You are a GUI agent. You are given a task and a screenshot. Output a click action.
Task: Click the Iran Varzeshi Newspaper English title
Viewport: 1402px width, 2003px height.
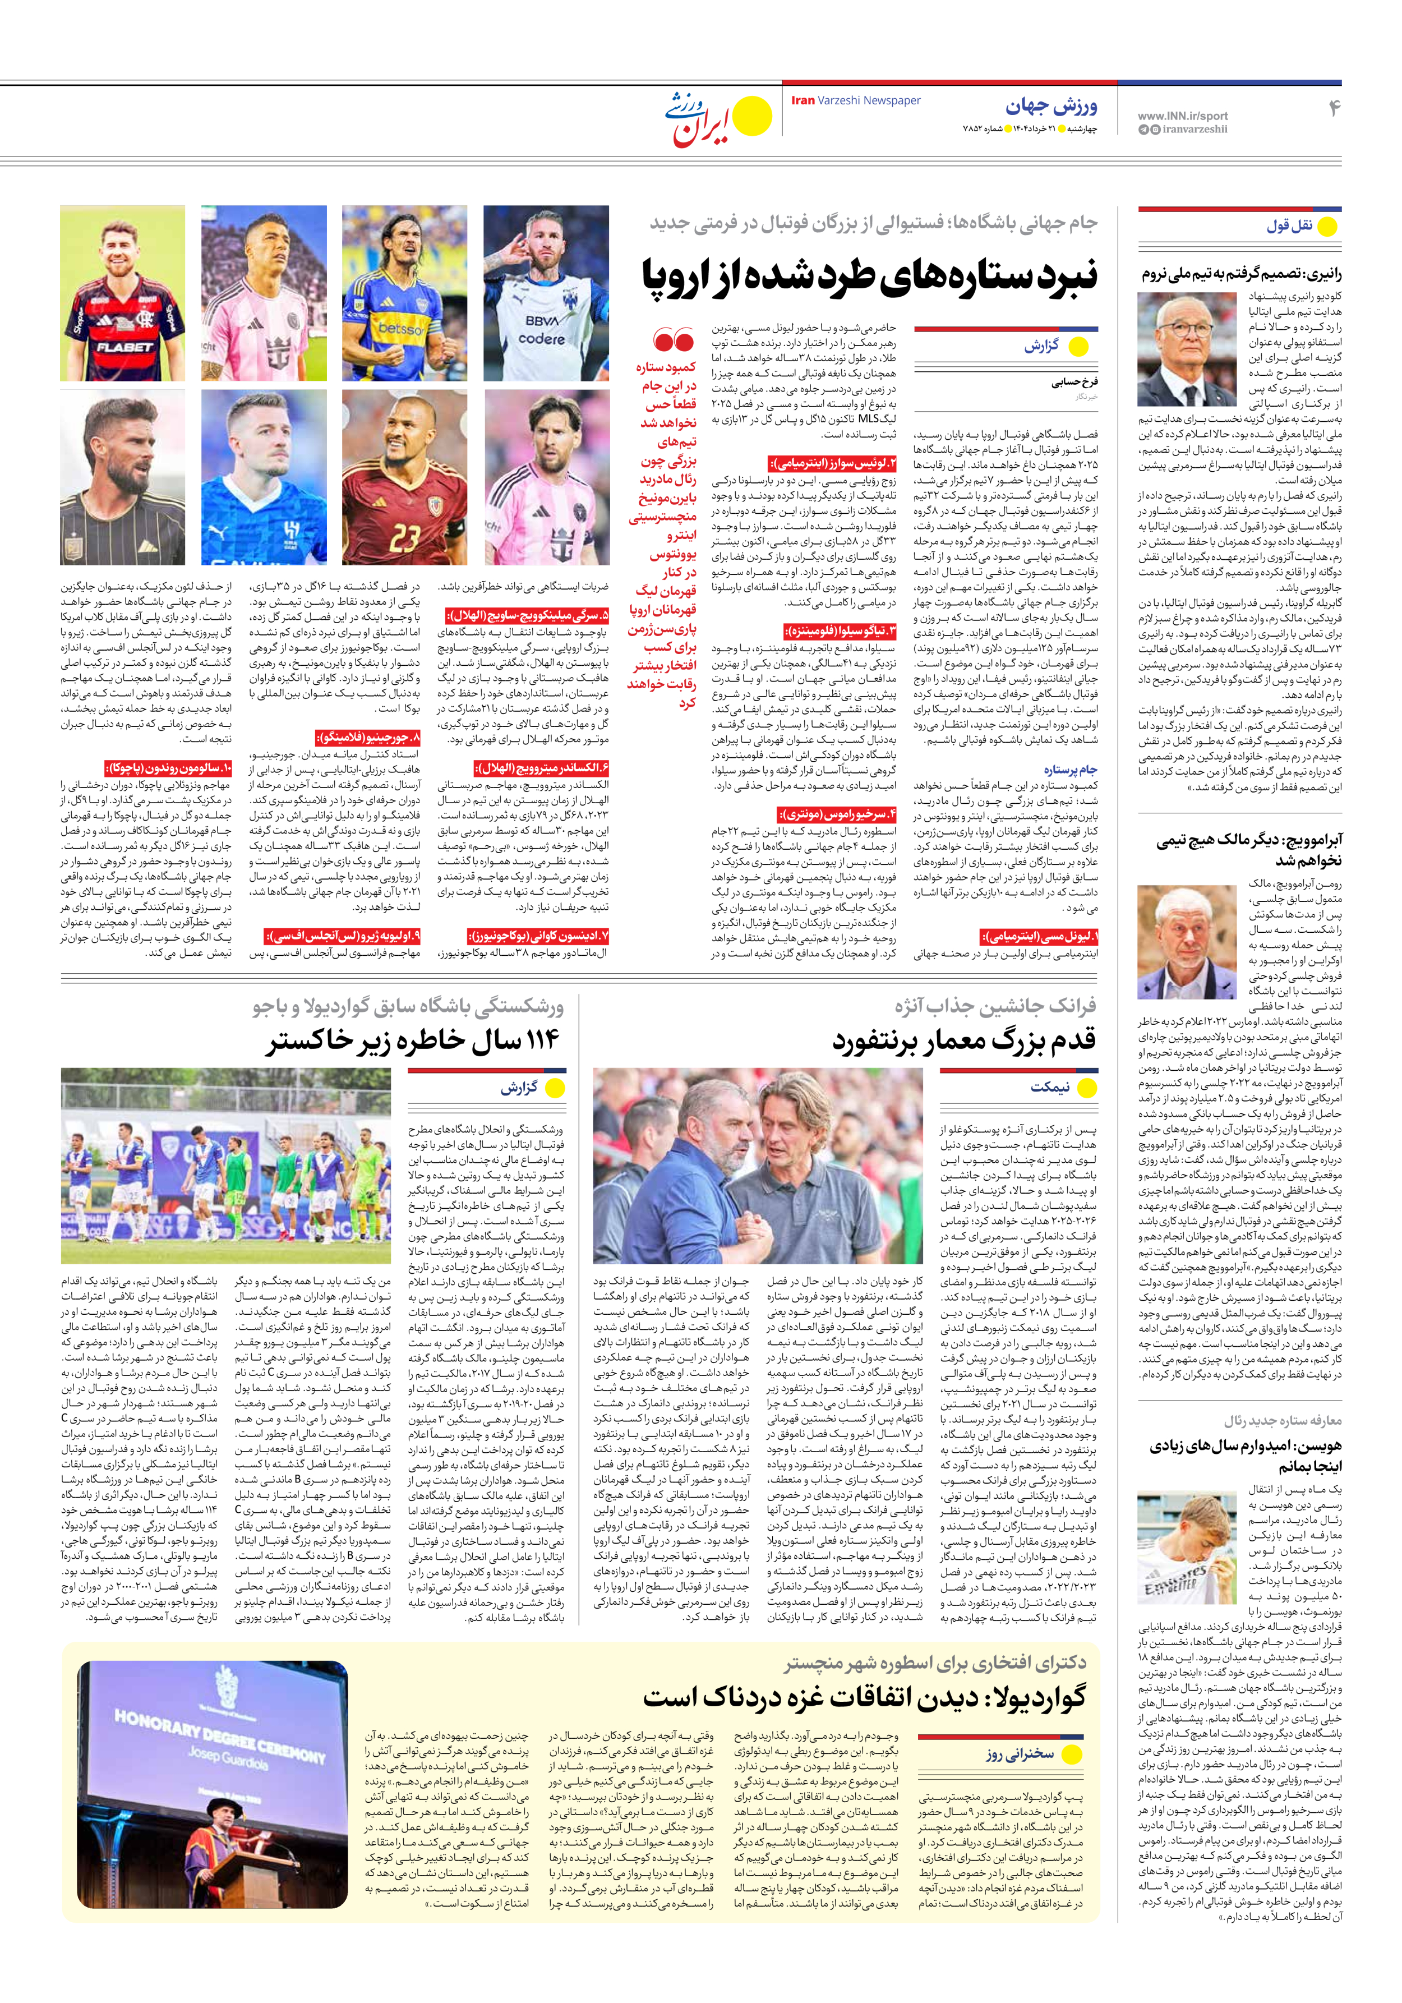[855, 100]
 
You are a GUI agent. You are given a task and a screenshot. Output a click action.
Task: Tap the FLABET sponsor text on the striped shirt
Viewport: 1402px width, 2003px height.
[124, 346]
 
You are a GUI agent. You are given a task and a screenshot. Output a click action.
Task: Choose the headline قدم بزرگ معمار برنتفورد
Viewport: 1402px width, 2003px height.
[964, 1040]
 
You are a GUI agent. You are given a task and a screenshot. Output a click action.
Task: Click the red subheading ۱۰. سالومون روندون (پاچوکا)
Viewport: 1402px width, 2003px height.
[168, 768]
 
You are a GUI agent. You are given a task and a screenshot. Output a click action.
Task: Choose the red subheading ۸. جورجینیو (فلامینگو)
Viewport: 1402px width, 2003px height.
[367, 737]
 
